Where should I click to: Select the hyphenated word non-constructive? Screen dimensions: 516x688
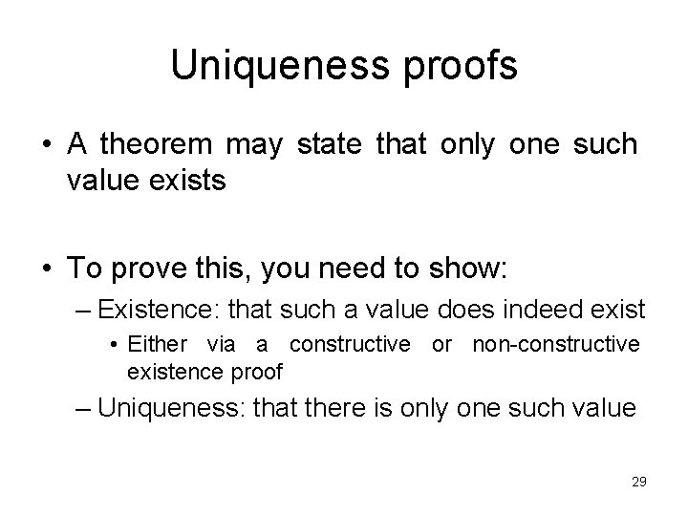pyautogui.click(x=556, y=344)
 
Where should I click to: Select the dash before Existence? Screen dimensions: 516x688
pyautogui.click(x=84, y=310)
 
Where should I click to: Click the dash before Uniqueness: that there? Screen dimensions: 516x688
pyautogui.click(x=84, y=407)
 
